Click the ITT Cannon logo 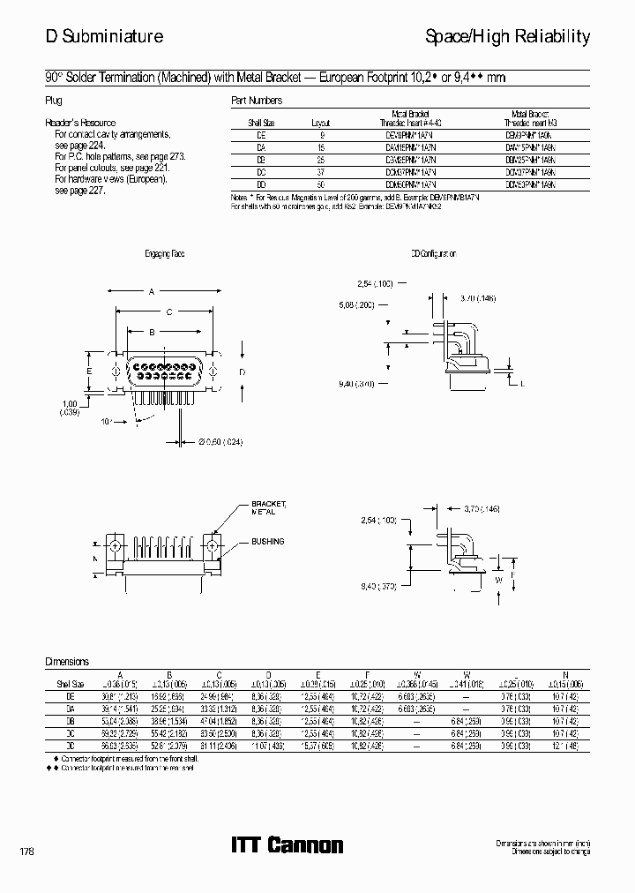(x=287, y=845)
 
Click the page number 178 (x=26, y=852)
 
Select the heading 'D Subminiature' (x=104, y=36)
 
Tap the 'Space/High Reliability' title (x=507, y=36)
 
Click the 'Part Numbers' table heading (x=257, y=101)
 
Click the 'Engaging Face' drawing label (x=166, y=254)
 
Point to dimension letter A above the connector (x=151, y=291)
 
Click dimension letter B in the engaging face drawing (x=151, y=332)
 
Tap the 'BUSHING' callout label (x=267, y=541)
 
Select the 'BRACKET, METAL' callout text (x=268, y=507)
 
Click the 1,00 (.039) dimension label (x=69, y=408)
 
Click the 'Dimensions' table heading (x=67, y=660)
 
